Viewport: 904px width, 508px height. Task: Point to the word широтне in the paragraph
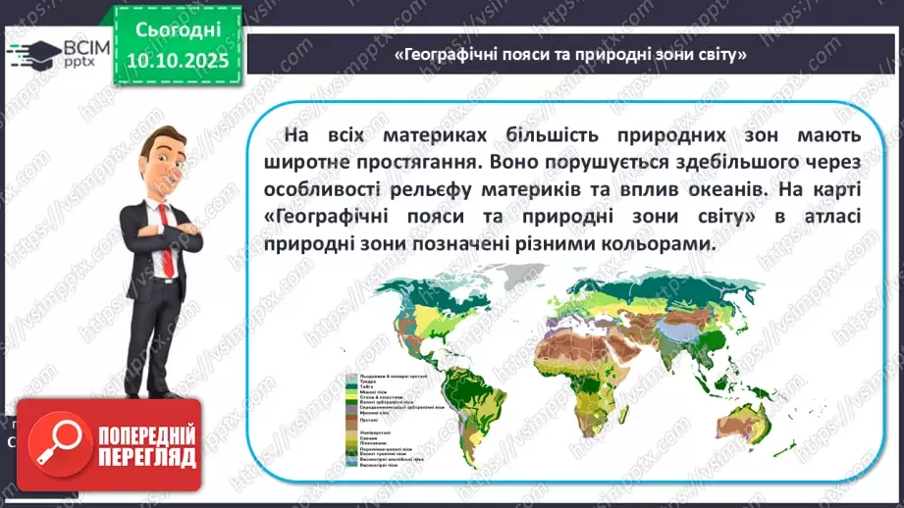pos(316,158)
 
